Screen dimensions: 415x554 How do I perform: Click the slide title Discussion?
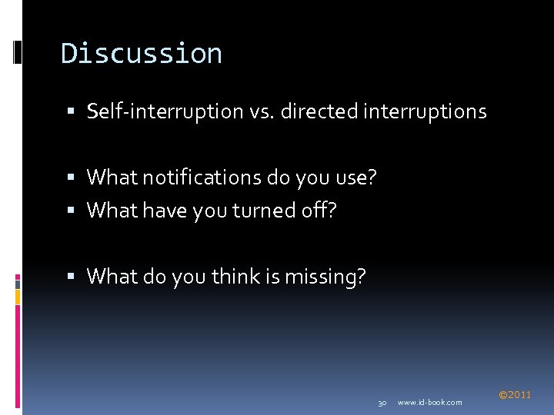click(142, 54)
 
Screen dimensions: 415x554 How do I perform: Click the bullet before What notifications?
click(68, 178)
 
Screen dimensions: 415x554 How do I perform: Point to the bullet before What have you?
click(68, 211)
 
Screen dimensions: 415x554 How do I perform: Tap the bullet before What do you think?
click(68, 277)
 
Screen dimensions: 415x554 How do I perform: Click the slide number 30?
click(382, 403)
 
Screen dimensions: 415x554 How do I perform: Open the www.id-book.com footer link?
click(430, 403)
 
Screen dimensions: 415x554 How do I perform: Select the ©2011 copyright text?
click(515, 395)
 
